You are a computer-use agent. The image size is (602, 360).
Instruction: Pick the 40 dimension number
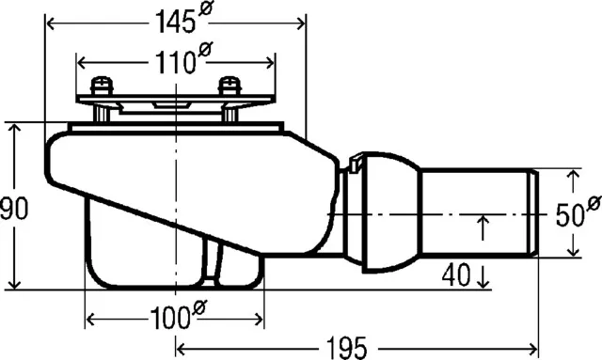coord(455,276)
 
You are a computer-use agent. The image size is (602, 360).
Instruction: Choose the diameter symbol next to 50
coord(594,204)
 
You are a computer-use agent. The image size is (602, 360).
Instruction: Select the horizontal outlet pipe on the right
coord(475,214)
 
